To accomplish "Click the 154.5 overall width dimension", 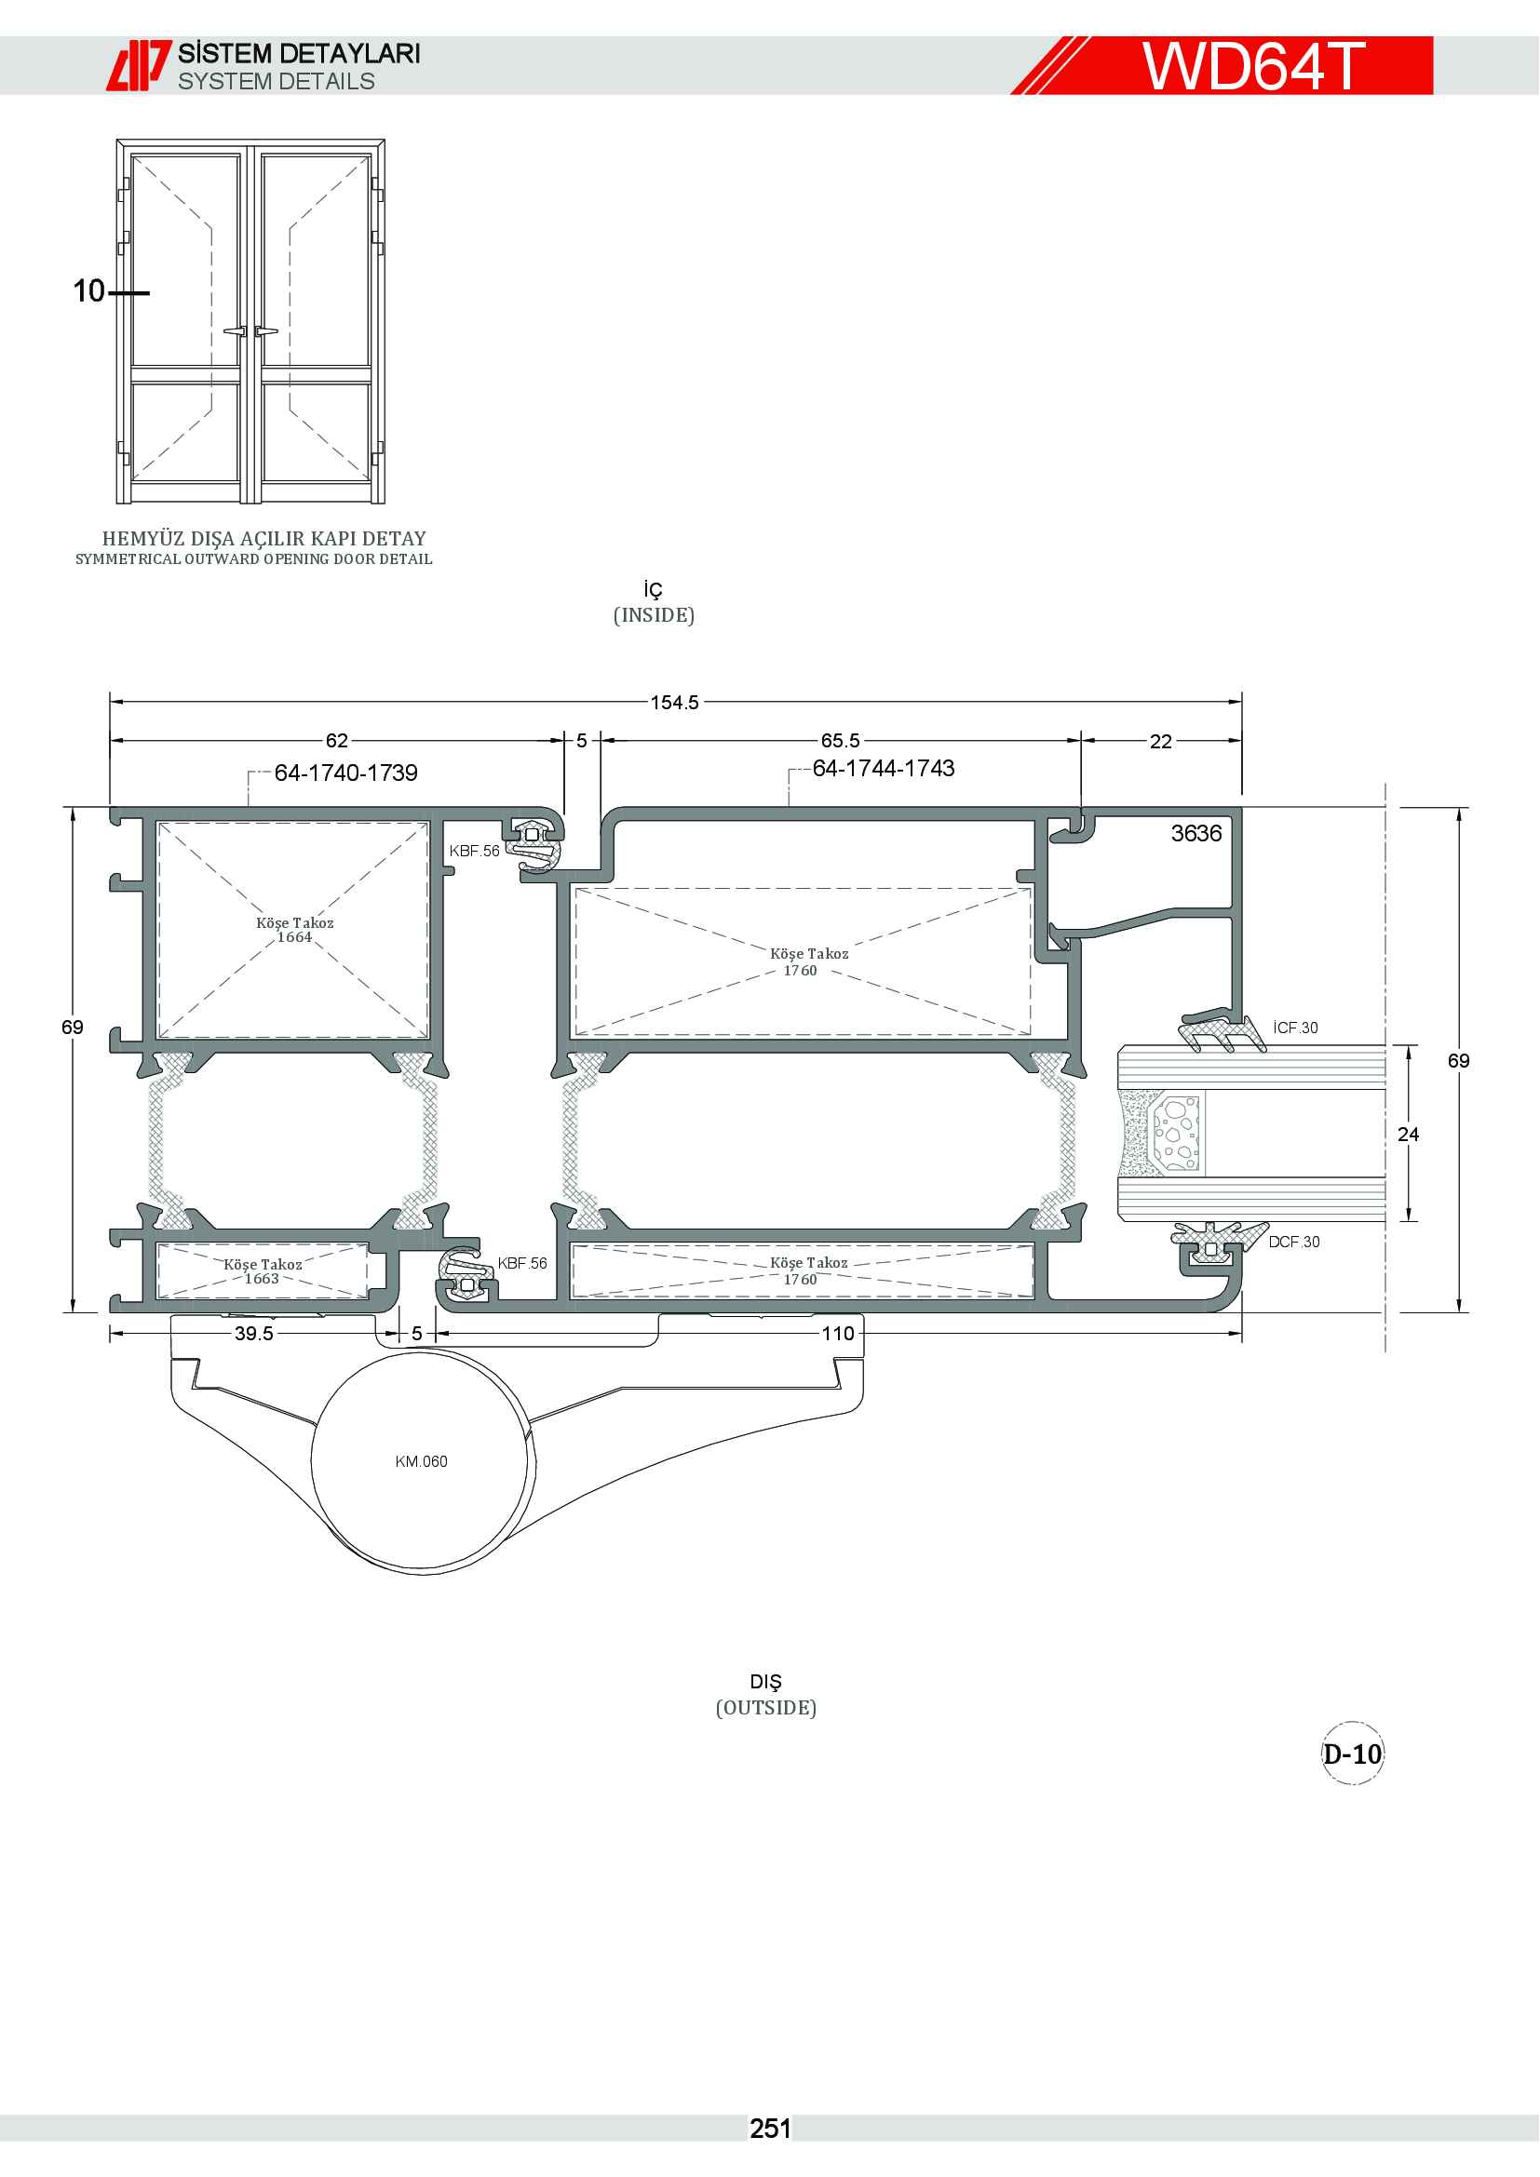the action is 674,703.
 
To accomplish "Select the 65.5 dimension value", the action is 840,741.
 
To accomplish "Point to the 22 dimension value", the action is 1161,742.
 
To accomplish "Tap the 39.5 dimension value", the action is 254,1333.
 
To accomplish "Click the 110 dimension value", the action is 837,1333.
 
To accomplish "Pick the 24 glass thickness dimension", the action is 1408,1134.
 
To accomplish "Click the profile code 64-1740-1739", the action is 346,773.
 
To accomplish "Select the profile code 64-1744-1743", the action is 884,768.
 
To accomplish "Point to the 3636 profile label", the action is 1196,833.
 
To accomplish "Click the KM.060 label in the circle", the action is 421,1461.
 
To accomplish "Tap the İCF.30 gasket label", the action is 1295,1028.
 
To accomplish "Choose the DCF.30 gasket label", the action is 1293,1243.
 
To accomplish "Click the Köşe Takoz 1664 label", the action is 295,929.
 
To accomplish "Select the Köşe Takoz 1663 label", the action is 263,1270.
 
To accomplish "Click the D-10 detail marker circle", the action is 1353,1754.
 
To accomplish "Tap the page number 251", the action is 770,2129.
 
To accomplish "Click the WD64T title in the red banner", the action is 1253,65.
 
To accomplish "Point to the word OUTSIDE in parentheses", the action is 766,1708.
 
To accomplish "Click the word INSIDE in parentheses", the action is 655,615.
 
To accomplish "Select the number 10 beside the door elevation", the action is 89,291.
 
